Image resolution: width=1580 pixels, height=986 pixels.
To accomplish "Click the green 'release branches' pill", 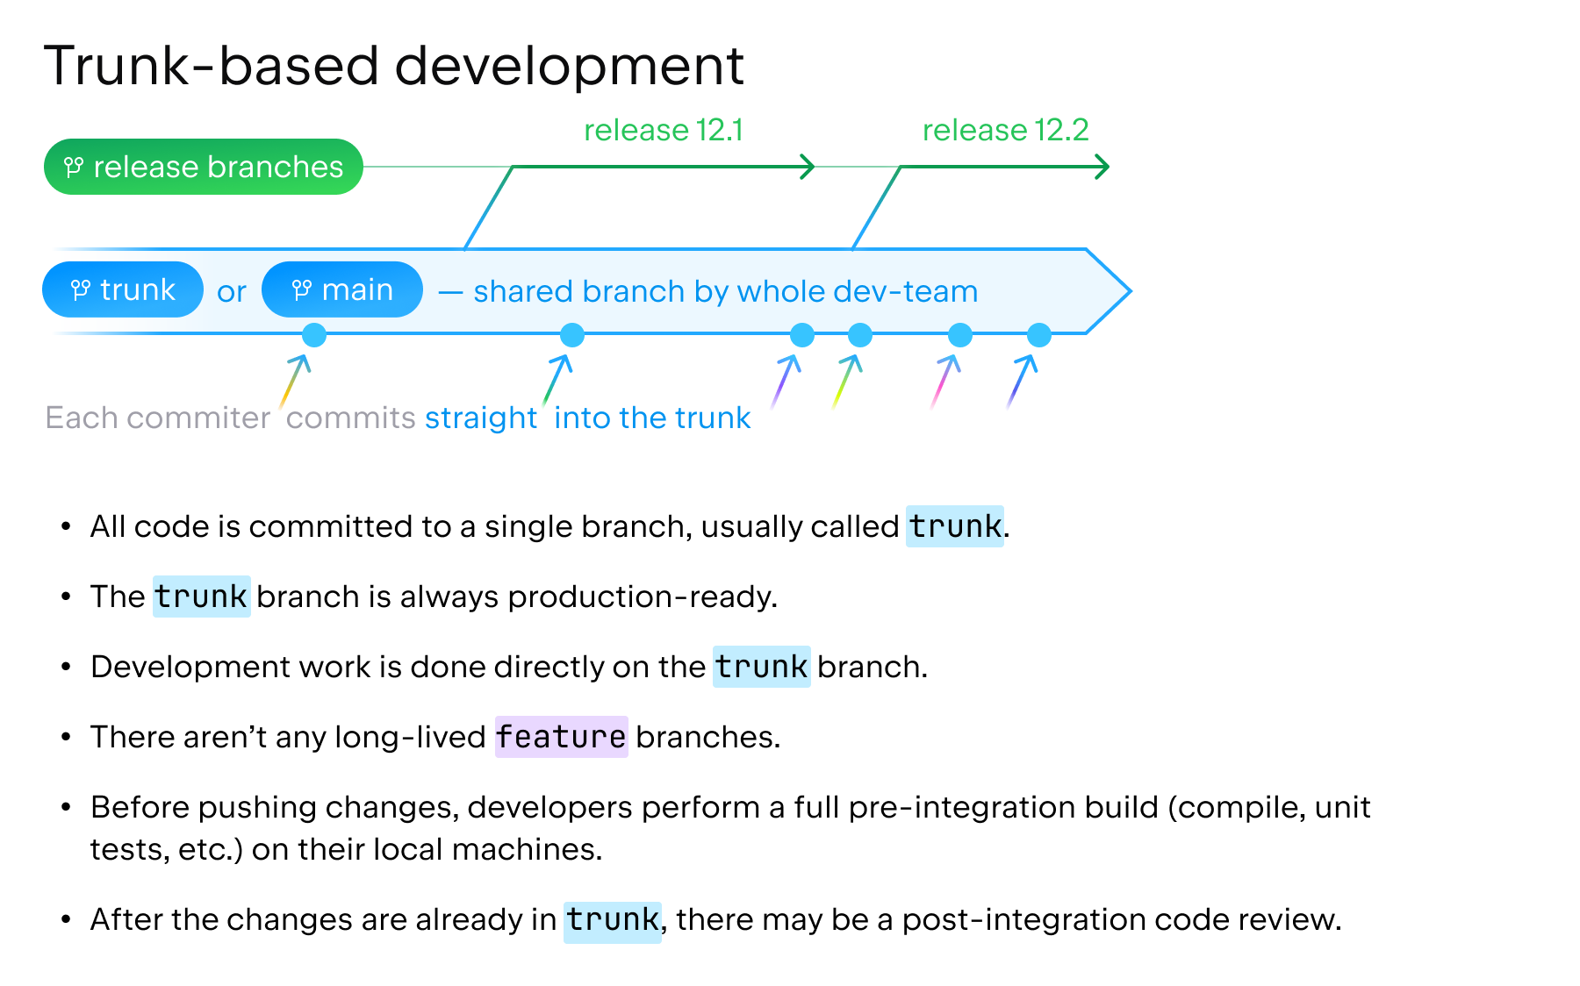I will point(203,167).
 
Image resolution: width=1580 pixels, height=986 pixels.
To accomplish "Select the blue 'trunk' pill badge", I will point(123,289).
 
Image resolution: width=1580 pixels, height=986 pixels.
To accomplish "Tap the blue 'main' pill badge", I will point(342,289).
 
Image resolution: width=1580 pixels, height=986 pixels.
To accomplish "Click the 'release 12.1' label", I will point(663,130).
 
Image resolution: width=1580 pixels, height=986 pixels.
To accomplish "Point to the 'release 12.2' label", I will point(1005,130).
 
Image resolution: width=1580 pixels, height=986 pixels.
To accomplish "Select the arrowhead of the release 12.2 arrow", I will point(1103,166).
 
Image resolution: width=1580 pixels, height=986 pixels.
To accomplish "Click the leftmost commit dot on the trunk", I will point(313,334).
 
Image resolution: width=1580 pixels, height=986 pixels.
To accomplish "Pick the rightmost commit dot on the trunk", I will point(1038,334).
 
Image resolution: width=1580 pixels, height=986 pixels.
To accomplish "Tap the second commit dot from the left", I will point(571,334).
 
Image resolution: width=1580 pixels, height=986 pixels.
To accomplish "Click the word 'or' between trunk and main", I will point(232,291).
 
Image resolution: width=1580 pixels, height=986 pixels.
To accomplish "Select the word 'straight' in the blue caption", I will point(480,418).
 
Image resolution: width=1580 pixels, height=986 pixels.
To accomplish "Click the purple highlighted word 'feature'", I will point(561,737).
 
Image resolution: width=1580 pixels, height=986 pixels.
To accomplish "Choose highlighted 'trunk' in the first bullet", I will point(954,526).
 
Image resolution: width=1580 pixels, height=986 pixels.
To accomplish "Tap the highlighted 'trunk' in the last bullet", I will point(612,919).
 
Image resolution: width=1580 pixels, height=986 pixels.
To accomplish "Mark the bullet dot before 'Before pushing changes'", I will point(66,807).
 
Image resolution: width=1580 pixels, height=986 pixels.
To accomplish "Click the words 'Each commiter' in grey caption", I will point(158,418).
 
